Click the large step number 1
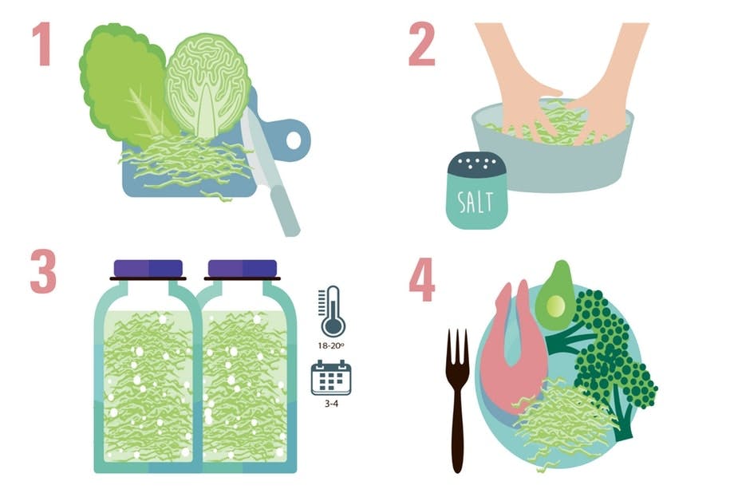click(x=41, y=45)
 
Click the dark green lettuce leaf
click(x=120, y=80)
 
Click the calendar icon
click(x=331, y=377)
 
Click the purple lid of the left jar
click(x=148, y=269)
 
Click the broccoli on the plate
click(x=614, y=351)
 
